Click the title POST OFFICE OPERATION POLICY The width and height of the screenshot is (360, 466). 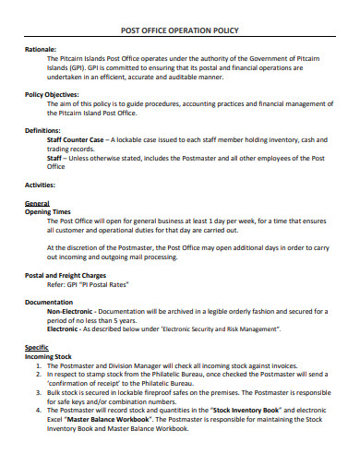pos(180,31)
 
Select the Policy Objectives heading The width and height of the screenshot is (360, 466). pos(52,94)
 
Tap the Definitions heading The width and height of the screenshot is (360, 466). pos(42,130)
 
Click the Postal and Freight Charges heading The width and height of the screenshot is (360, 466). pos(65,275)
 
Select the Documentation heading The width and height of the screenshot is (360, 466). pos(49,302)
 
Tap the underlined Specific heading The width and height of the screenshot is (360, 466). pos(37,347)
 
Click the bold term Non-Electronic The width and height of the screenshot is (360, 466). pos(70,311)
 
